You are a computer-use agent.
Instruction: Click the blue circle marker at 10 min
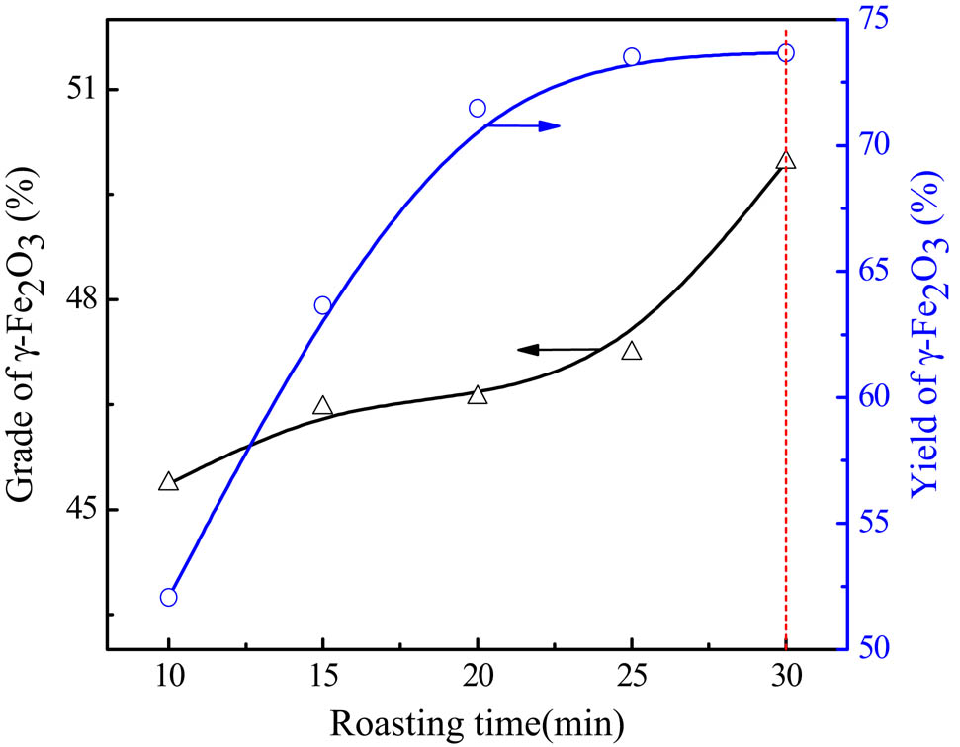click(x=168, y=597)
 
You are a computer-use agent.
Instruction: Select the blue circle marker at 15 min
click(x=322, y=305)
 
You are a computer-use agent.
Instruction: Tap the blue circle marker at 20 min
click(x=478, y=108)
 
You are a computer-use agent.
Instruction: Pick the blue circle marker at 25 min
click(x=632, y=56)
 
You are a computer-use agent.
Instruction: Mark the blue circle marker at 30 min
click(x=786, y=52)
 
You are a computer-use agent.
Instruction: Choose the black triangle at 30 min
click(x=786, y=161)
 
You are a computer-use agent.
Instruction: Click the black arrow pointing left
click(x=559, y=349)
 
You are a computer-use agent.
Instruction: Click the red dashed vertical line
click(x=786, y=395)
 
